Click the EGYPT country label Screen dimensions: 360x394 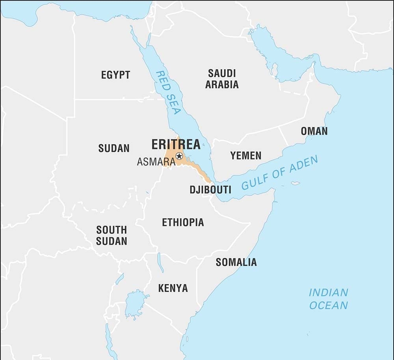[x=115, y=75]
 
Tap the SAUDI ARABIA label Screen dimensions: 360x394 [x=222, y=78]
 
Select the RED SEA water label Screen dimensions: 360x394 [x=168, y=92]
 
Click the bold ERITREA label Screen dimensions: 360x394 [x=176, y=144]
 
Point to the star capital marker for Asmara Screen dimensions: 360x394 [x=179, y=156]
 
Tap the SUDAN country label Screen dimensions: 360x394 [x=113, y=148]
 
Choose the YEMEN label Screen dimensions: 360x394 [x=246, y=156]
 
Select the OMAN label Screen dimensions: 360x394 [x=314, y=131]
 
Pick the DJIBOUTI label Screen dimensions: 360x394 [x=210, y=190]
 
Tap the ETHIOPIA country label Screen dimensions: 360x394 [x=183, y=222]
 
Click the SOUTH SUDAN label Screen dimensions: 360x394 [x=112, y=235]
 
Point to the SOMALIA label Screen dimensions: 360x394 [x=236, y=262]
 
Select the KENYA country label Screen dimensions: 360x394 [x=173, y=288]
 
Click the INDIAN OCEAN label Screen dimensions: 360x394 [x=328, y=298]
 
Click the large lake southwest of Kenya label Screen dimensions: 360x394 [x=134, y=304]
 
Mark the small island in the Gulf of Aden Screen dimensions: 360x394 [x=295, y=183]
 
